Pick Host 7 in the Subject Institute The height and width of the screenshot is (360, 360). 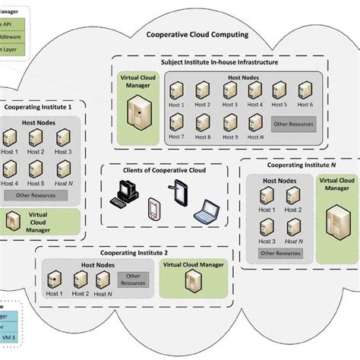click(176, 123)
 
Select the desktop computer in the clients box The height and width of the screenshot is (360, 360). click(123, 193)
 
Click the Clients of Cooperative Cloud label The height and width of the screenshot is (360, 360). click(164, 170)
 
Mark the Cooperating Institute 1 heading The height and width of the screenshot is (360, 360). click(38, 107)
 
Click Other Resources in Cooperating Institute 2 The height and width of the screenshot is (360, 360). click(133, 279)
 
